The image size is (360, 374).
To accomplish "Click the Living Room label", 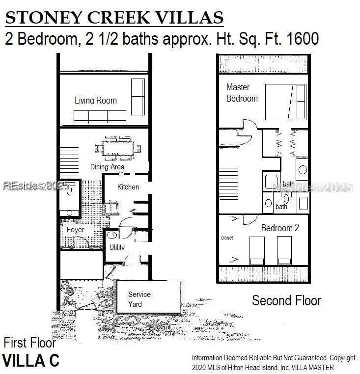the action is coord(96,101).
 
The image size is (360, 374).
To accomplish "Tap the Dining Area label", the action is coord(107,167).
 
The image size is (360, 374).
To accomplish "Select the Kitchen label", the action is coord(128,187).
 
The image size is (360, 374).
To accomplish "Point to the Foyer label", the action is coord(75,230).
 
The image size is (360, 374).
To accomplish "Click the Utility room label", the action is coord(117,247).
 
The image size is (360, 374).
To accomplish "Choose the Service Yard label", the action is coord(139,299).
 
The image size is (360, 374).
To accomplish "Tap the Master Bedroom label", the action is coord(242,93).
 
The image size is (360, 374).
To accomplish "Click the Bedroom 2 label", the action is coord(280,228).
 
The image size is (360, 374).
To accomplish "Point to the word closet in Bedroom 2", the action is coord(227,238).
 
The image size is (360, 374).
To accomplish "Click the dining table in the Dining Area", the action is coord(118,148).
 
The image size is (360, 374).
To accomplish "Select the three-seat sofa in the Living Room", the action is coord(100,117).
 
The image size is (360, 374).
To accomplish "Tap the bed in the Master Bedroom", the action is coord(286,102).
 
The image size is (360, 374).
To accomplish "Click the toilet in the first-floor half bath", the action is coord(69,188).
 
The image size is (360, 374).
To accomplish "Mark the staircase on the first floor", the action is coord(69,163).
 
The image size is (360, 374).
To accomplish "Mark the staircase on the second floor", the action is coord(228,184).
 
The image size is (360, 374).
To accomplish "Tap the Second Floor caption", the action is coord(286,300).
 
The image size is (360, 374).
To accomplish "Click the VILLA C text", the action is coord(31,360).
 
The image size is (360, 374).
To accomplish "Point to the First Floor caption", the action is coord(30,343).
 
